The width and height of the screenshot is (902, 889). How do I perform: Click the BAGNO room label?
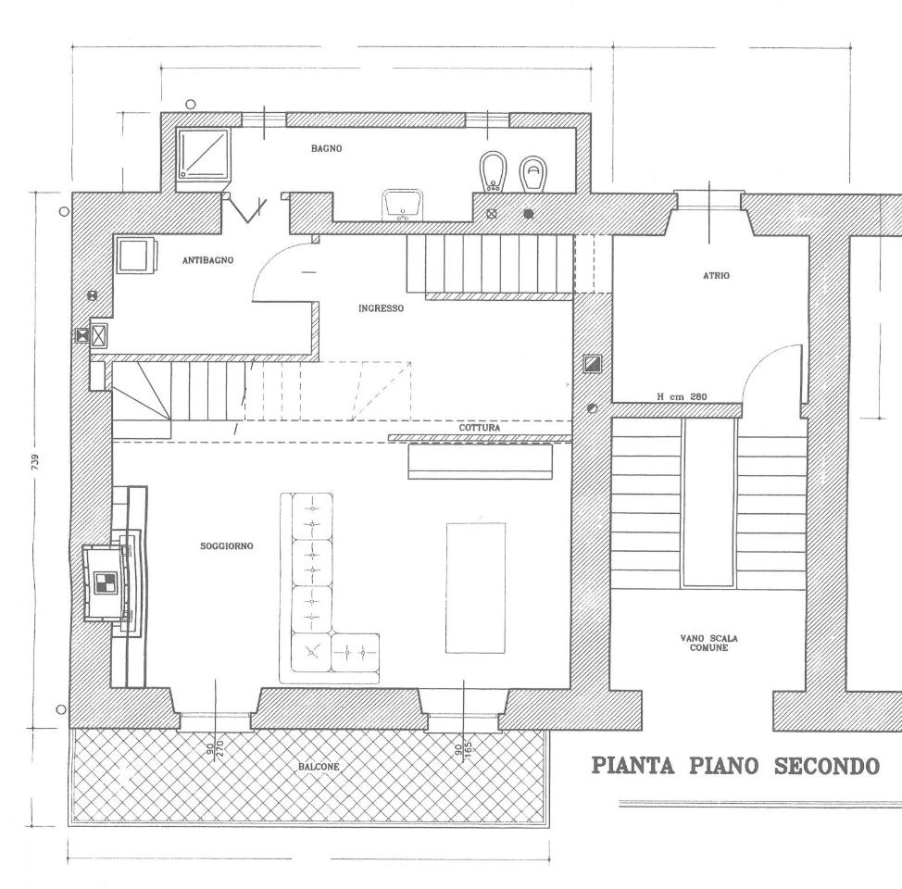(326, 148)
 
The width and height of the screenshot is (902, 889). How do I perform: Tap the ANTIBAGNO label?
(207, 260)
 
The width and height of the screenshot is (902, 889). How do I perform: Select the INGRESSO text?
(381, 308)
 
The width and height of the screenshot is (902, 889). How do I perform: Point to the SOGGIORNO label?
(226, 546)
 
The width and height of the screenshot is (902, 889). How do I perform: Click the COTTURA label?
(479, 428)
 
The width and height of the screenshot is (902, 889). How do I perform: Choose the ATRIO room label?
(716, 276)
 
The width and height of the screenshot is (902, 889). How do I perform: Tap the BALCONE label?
(319, 767)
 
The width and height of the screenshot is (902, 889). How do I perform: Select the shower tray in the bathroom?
(204, 153)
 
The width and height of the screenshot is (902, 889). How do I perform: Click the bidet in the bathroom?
(491, 172)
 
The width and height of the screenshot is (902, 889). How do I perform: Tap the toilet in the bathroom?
(532, 174)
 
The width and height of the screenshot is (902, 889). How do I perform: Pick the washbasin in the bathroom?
(402, 206)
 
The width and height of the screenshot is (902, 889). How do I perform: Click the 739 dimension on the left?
(36, 462)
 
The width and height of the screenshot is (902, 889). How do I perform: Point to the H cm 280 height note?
(682, 396)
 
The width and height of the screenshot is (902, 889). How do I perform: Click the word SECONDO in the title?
(827, 766)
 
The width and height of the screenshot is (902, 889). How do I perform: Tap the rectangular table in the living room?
(476, 587)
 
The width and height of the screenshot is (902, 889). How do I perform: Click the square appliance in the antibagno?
(137, 256)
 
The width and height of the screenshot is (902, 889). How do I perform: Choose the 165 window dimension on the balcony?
(467, 750)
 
